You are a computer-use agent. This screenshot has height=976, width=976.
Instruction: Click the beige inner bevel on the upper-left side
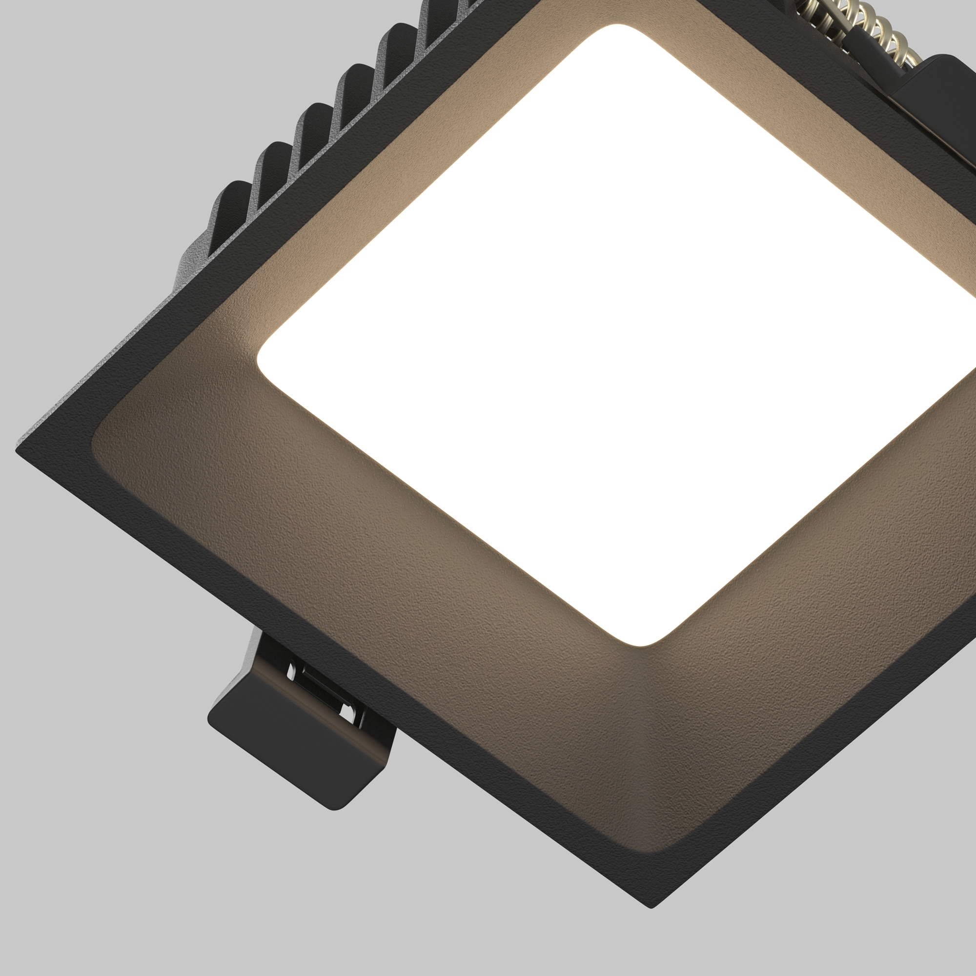(x=404, y=177)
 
